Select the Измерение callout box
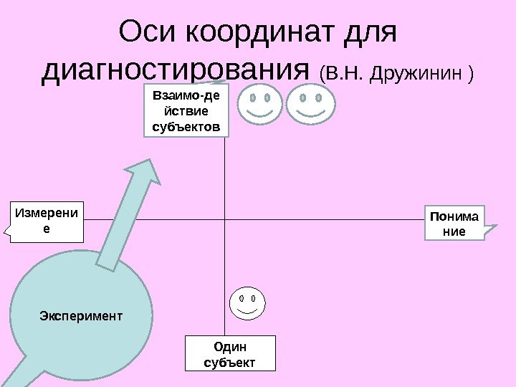[48, 221]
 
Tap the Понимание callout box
[455, 223]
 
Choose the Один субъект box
[230, 353]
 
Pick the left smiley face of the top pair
[259, 104]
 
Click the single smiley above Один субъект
[247, 303]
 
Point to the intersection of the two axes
[225, 220]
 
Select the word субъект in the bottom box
[230, 362]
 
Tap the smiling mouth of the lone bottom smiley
[247, 311]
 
